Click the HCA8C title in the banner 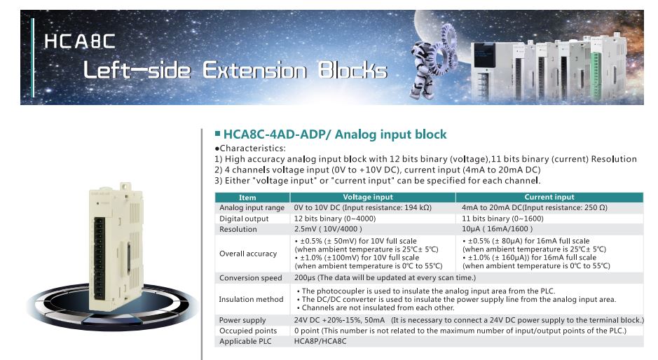click(80, 41)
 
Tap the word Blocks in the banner click(352, 70)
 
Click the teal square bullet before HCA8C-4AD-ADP click(217, 134)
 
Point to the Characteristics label click(250, 148)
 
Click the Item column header click(247, 198)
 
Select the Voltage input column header click(368, 197)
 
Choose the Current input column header click(549, 197)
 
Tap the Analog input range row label click(252, 208)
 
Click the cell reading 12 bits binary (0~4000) click(335, 219)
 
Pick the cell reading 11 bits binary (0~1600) click(502, 219)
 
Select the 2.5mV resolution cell click(328, 229)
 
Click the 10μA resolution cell click(498, 229)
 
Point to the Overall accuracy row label click(248, 254)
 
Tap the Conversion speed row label click(251, 278)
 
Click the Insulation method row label click(251, 299)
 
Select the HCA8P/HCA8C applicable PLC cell click(320, 341)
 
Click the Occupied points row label click(248, 331)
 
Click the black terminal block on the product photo click(100, 258)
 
